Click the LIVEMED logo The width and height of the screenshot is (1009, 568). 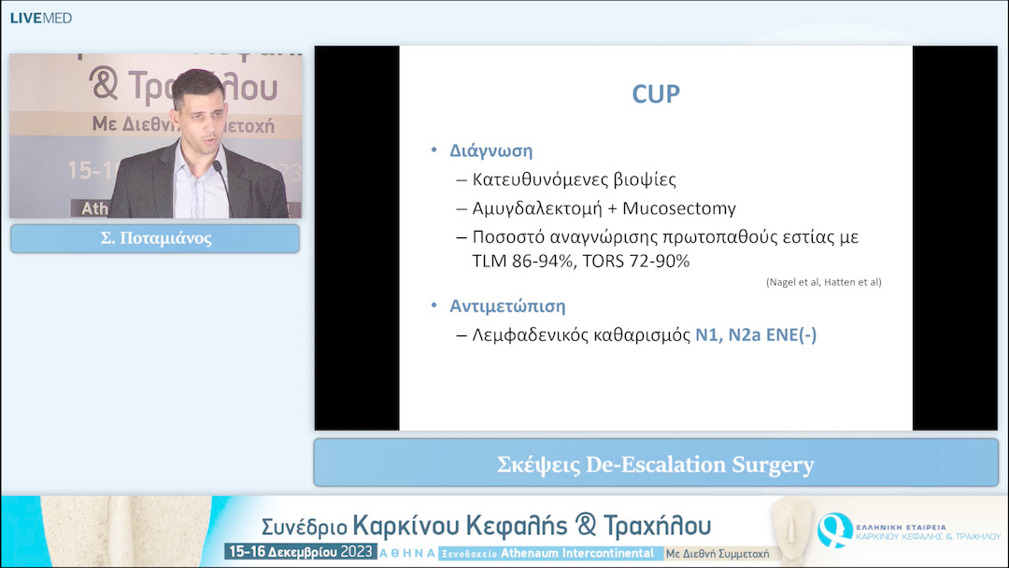(x=40, y=18)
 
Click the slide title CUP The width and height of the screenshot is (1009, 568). (x=656, y=94)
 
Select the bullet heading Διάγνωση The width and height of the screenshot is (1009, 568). (x=492, y=151)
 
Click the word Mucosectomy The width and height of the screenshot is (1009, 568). (x=666, y=208)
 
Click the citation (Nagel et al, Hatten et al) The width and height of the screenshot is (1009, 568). (x=823, y=282)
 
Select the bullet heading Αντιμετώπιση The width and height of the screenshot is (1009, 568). (x=508, y=306)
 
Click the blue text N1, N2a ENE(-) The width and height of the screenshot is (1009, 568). (x=756, y=334)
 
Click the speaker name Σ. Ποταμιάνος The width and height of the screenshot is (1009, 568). (x=155, y=238)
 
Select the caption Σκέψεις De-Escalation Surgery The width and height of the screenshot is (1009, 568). (x=656, y=464)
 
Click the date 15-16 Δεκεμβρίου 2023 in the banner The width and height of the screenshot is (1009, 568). (x=299, y=552)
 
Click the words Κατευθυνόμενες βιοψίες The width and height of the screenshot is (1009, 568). (x=573, y=179)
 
